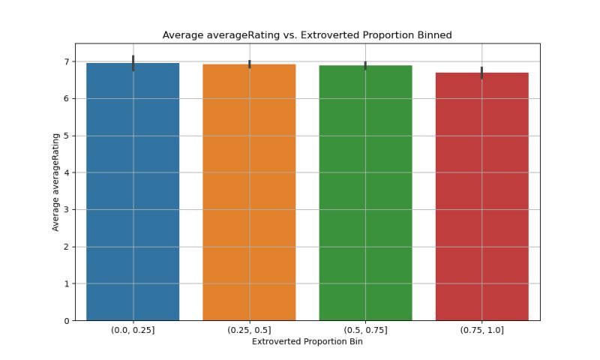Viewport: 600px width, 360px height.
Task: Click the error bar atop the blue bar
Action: tap(133, 63)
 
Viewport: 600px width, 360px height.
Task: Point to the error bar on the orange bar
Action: tap(250, 64)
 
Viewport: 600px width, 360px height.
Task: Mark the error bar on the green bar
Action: tap(365, 66)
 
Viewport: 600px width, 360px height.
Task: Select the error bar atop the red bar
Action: tap(481, 73)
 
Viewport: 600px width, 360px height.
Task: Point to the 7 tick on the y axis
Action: tap(69, 61)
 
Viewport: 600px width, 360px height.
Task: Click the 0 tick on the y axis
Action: tap(69, 321)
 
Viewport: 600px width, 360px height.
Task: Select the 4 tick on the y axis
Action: tap(69, 172)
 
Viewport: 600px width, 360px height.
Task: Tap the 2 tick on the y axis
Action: tap(69, 247)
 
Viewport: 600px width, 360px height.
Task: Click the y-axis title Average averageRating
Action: tap(55, 182)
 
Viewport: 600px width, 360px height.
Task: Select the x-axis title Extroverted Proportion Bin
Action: tap(307, 343)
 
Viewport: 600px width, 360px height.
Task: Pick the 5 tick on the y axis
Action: tap(69, 136)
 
